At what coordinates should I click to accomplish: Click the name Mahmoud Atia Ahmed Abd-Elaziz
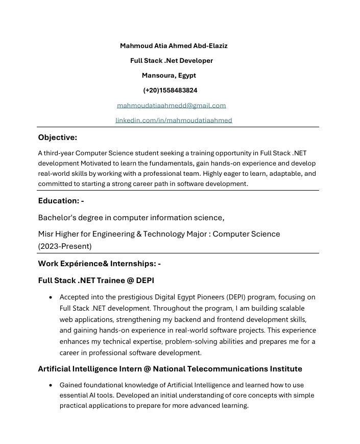[x=174, y=46]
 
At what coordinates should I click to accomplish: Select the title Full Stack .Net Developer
[x=172, y=61]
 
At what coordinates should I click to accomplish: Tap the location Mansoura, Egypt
[x=169, y=76]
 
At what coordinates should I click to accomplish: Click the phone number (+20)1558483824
[x=171, y=90]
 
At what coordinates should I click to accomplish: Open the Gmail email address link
[x=172, y=105]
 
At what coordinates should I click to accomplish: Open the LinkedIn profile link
[x=174, y=120]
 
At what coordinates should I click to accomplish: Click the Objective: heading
[x=58, y=137]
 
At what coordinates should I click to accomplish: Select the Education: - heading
[x=61, y=201]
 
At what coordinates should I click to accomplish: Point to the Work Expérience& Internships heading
[x=99, y=264]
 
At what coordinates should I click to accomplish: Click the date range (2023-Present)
[x=65, y=246]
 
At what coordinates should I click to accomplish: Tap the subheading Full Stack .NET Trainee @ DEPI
[x=96, y=281]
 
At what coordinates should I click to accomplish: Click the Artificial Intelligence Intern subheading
[x=170, y=369]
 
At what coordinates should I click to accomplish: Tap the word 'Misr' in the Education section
[x=46, y=234]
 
